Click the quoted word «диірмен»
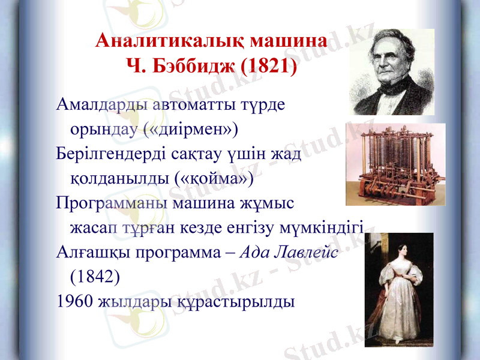click(191, 128)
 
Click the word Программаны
click(112, 202)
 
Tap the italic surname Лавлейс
click(307, 252)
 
